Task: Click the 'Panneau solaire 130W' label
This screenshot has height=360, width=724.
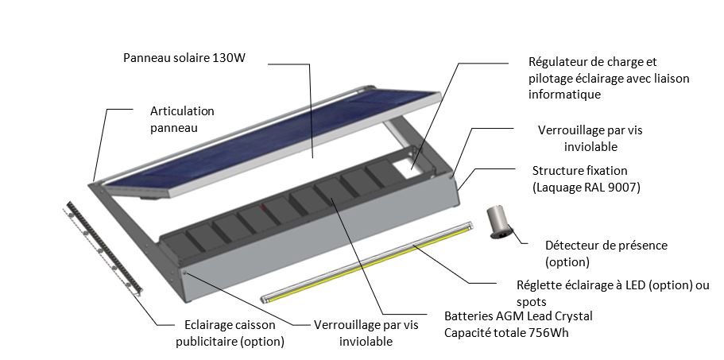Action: pyautogui.click(x=184, y=58)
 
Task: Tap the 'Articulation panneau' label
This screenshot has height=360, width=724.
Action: pyautogui.click(x=182, y=119)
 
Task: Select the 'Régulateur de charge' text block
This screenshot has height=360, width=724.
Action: pyautogui.click(x=609, y=78)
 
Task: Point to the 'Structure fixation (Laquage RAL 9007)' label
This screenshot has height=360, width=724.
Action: pyautogui.click(x=586, y=179)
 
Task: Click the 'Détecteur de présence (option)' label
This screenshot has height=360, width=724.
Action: pyautogui.click(x=606, y=254)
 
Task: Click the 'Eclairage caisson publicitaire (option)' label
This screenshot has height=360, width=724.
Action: pyautogui.click(x=230, y=333)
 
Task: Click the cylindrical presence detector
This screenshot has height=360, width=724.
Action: pyautogui.click(x=498, y=222)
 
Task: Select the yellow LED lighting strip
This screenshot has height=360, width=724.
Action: pyautogui.click(x=366, y=262)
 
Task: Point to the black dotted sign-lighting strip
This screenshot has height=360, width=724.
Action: pyautogui.click(x=104, y=248)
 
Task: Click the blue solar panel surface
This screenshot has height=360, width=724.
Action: pyautogui.click(x=273, y=138)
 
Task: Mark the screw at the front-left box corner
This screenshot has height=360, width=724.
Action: pyautogui.click(x=185, y=273)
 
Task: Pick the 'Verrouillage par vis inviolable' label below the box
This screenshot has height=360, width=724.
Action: pyautogui.click(x=366, y=333)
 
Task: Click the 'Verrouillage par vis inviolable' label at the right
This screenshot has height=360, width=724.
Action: pyautogui.click(x=590, y=138)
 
